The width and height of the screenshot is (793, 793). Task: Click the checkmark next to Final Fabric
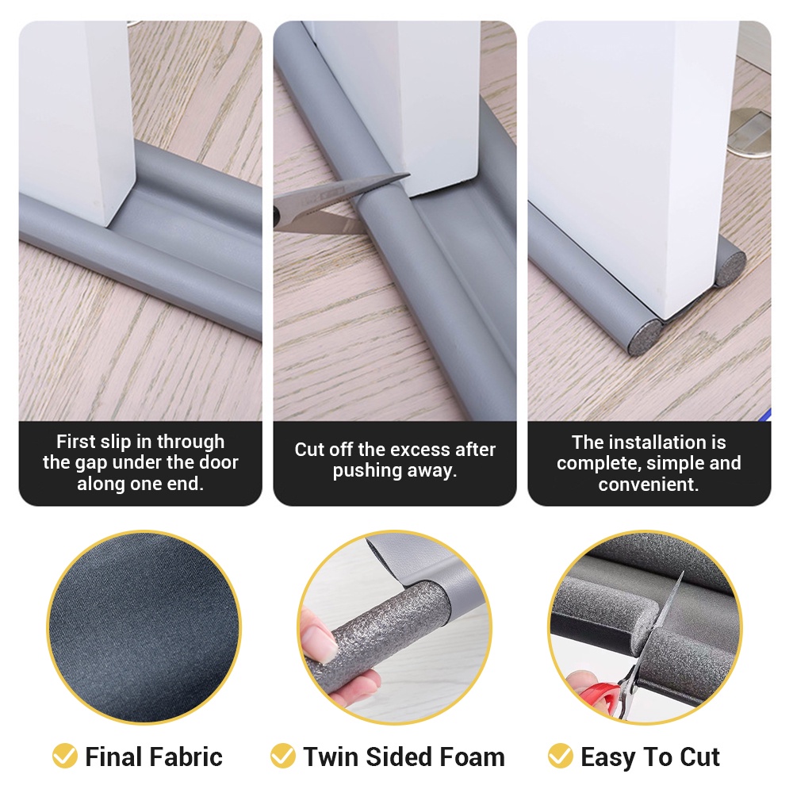tap(65, 756)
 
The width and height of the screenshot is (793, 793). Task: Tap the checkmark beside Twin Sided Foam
tap(283, 756)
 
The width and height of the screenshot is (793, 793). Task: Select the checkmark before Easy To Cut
tap(561, 756)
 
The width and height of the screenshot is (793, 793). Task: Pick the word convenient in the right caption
tap(649, 485)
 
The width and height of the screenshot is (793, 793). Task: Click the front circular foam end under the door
tap(646, 336)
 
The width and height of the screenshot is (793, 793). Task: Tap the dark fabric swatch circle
tap(144, 627)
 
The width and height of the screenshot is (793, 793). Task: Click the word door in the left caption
tap(219, 463)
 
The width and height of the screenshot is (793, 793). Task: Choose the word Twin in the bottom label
tap(331, 757)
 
